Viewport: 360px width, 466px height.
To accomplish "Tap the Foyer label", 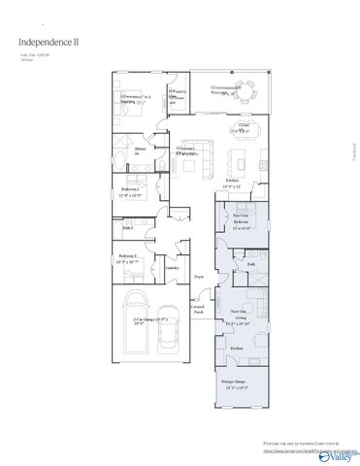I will click(x=198, y=277).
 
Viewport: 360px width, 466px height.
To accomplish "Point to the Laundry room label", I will click(x=173, y=267).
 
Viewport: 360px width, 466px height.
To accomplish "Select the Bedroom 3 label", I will click(x=130, y=259).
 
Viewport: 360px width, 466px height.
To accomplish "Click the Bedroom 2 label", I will click(x=130, y=191).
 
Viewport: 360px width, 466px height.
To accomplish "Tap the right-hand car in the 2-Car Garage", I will click(x=168, y=339).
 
